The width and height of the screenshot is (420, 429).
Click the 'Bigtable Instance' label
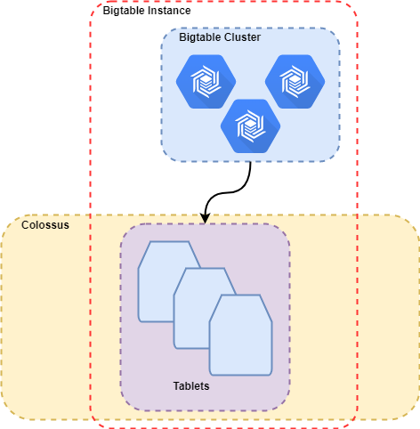pos(147,11)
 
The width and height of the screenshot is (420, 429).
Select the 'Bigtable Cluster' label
pos(220,37)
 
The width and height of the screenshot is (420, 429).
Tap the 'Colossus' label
pos(45,225)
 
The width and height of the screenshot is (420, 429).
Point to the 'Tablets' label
pos(191,386)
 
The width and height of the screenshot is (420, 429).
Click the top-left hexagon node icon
pos(206,82)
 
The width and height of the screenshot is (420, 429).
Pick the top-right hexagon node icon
pos(295,82)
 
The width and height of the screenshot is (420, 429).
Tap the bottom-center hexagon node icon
pos(250,126)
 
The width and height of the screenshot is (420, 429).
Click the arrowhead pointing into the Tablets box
pos(205,218)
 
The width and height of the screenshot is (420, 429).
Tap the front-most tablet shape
pos(240,335)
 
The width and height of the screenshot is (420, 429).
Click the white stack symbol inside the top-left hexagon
pos(206,82)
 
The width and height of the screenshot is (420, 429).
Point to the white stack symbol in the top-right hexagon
pos(295,82)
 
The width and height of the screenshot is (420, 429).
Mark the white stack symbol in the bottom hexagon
pos(250,126)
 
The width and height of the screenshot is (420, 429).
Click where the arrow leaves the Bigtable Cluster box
pos(251,162)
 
